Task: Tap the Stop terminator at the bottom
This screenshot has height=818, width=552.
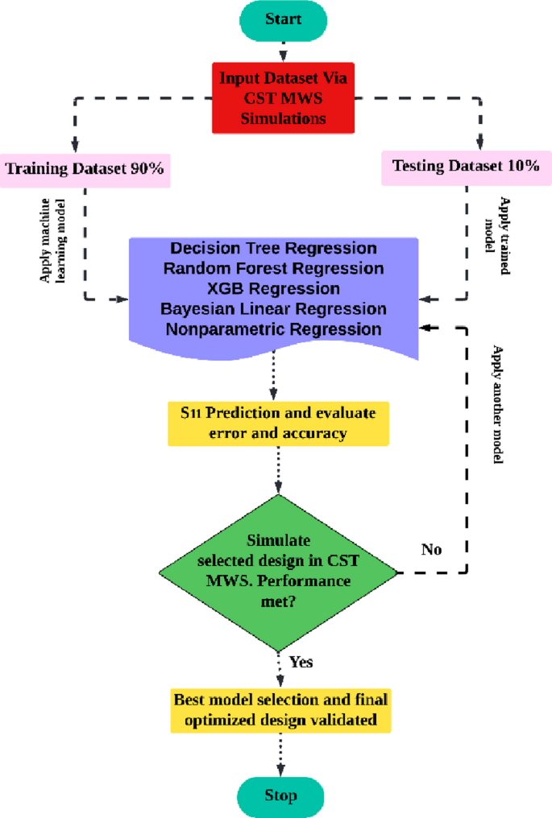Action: pyautogui.click(x=281, y=795)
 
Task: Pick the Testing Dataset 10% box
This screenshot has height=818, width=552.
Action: pyautogui.click(x=466, y=167)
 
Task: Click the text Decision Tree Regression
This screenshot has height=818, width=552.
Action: pyautogui.click(x=274, y=249)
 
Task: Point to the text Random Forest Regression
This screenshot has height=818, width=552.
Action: pyautogui.click(x=274, y=268)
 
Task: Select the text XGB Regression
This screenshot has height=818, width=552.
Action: pyautogui.click(x=274, y=288)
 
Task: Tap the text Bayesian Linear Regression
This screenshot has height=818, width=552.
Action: pyautogui.click(x=274, y=308)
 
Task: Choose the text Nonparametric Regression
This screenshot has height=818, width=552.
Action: pyautogui.click(x=274, y=328)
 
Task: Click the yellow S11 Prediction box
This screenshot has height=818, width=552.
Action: pyautogui.click(x=278, y=423)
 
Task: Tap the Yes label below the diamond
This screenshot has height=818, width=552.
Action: pyautogui.click(x=301, y=663)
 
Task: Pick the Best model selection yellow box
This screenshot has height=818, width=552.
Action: pyautogui.click(x=281, y=709)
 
